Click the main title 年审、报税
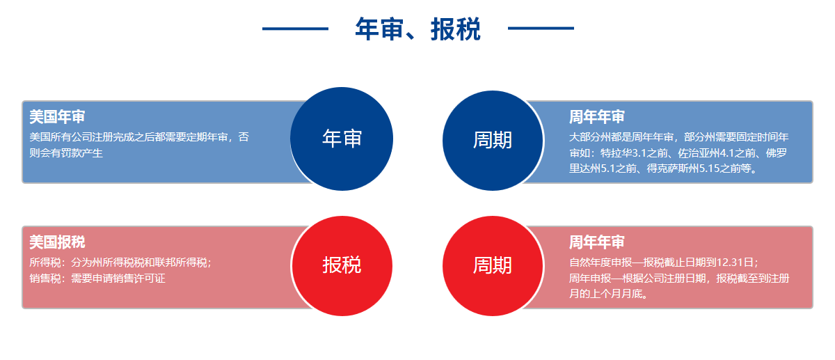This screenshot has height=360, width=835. (x=417, y=29)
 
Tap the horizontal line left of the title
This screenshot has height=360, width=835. (x=295, y=29)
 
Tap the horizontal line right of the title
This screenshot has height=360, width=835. (x=541, y=29)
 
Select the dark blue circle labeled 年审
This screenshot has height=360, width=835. (x=342, y=139)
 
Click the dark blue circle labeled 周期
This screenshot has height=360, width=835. (x=493, y=141)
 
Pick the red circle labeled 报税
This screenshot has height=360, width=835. (x=342, y=265)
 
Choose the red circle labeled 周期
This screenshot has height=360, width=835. (x=493, y=265)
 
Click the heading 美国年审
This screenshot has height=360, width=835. (x=57, y=117)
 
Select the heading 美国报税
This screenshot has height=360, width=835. (x=57, y=242)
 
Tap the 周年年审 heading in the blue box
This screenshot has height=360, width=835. (x=597, y=117)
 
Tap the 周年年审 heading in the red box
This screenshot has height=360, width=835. (x=597, y=242)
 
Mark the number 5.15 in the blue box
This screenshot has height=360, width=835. (x=709, y=169)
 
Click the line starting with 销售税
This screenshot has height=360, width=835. (x=97, y=279)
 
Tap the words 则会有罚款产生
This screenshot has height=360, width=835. (x=66, y=153)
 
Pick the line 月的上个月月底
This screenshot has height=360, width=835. (x=609, y=294)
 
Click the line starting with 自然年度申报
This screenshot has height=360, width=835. (x=664, y=263)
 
